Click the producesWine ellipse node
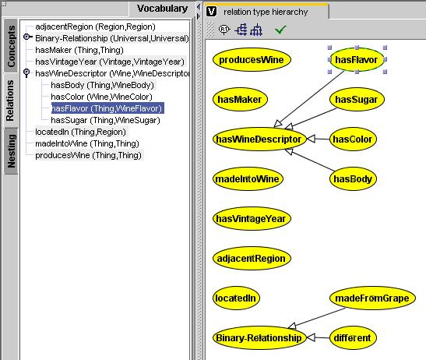pos(252,59)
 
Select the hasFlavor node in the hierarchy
pos(357,59)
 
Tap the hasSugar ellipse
pos(357,100)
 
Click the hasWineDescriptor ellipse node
pos(259,139)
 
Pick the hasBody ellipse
pos(353,179)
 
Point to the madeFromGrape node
pos(372,298)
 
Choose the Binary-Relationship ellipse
pos(259,338)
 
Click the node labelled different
pos(353,338)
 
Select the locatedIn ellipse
pos(236,298)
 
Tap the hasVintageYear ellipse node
pos(252,219)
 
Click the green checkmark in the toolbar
pos(280,30)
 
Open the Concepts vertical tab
pos(11,46)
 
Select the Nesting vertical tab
pos(11,151)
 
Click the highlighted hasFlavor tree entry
pos(107,108)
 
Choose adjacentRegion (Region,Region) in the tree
pos(95,26)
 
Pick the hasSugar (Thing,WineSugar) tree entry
pos(105,120)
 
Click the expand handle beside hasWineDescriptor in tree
pos(26,73)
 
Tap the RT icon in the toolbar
pos(224,30)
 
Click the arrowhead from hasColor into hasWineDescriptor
pos(311,139)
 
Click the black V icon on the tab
pos(211,12)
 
